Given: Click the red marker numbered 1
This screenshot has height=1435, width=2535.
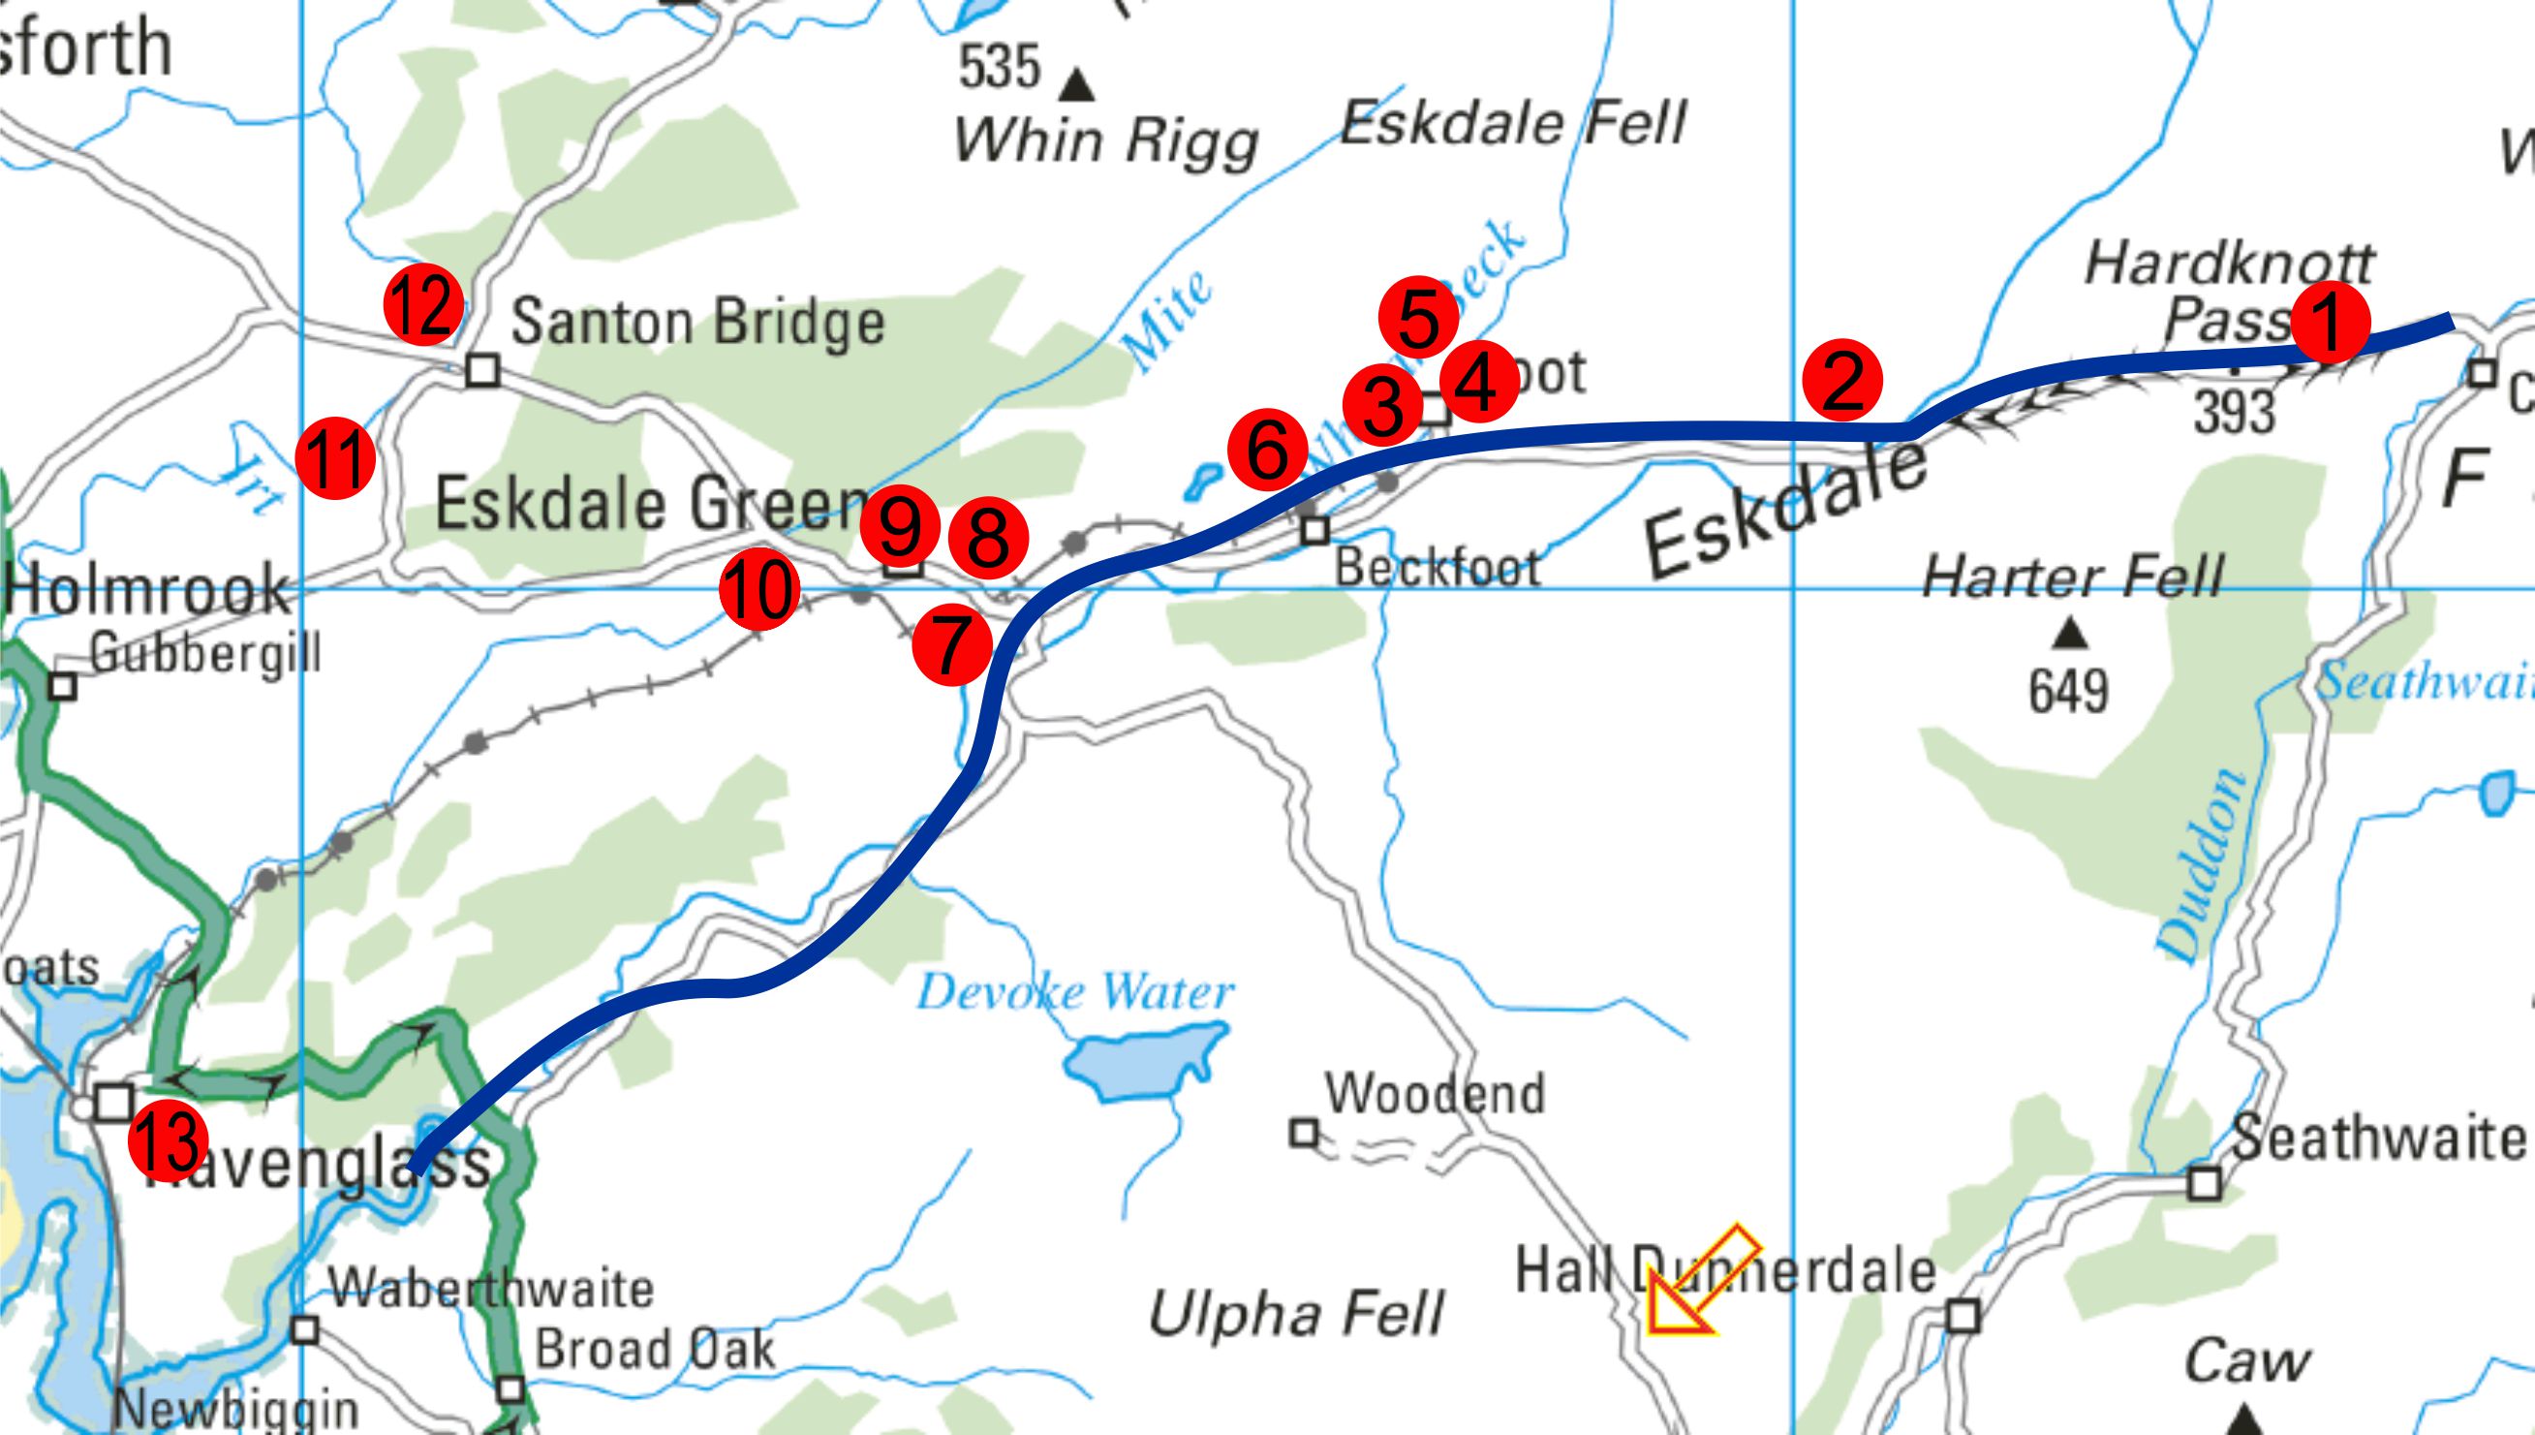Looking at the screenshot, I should pos(2329,324).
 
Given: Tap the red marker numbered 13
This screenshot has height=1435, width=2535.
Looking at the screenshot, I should pos(168,1140).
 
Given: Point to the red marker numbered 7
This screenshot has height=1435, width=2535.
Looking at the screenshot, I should pos(951,644).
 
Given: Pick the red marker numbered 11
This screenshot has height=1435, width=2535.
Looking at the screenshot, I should pos(335,458).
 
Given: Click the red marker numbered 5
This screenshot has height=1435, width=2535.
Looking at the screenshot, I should pos(1419,317).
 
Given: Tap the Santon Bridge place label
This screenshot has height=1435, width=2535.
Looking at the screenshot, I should pos(697,323).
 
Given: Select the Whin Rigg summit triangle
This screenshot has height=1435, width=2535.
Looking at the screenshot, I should pos(1081,85).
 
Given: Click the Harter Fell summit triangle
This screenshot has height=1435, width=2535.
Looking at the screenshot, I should pos(2069,634).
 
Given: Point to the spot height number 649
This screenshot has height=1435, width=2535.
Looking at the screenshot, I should pos(2068,691).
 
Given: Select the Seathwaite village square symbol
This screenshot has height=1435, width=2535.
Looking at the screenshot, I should pos(2204,1183).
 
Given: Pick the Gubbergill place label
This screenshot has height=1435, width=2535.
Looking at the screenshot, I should pos(206,651).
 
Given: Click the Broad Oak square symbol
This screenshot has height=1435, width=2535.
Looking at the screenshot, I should pos(510,1389).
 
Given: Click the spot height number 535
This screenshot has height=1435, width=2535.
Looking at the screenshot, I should pos(999,67).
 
